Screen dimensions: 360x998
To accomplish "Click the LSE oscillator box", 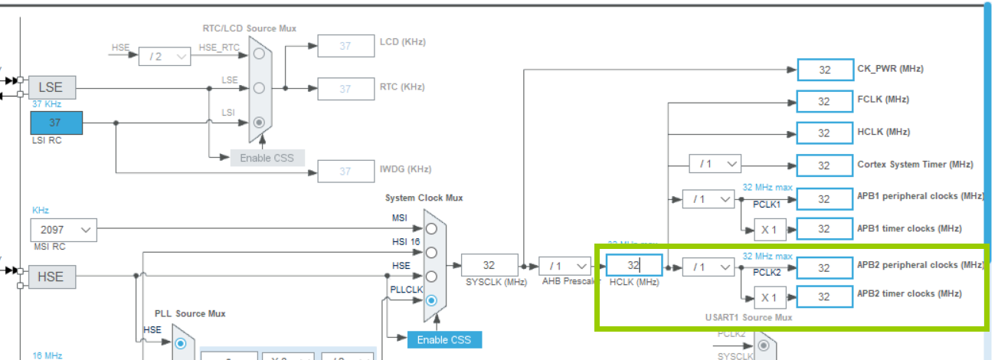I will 52,87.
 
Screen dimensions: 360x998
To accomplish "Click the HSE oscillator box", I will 52,277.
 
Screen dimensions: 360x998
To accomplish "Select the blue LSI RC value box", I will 56,123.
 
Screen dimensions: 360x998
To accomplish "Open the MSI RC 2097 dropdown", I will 64,230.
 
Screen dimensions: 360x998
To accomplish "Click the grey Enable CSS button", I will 267,158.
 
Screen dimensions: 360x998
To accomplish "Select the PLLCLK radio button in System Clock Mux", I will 432,299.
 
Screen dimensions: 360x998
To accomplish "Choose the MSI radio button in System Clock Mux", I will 432,228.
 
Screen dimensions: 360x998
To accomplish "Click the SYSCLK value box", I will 489,265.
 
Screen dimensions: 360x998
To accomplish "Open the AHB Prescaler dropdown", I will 565,266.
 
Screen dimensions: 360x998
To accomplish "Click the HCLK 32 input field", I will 633,265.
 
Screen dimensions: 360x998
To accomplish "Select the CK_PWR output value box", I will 824,69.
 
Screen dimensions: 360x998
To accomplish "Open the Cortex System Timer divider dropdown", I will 715,164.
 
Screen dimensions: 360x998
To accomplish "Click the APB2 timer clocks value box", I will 824,296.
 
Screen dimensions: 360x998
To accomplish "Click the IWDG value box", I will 345,171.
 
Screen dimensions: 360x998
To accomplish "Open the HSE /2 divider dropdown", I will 164,56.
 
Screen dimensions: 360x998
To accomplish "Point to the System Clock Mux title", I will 424,198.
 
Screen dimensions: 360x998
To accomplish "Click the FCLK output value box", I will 824,101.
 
